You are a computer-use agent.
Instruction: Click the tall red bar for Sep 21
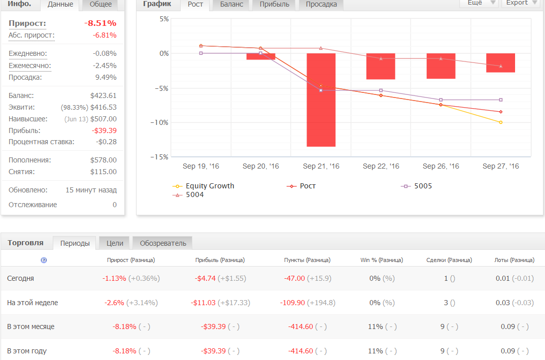coord(321,100)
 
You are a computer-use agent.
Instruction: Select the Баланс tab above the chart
coord(231,5)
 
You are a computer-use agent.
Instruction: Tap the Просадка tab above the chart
coord(321,5)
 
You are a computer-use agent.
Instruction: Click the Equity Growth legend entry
coord(203,186)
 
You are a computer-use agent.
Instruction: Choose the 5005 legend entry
coord(417,186)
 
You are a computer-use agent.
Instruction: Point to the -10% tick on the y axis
coord(159,122)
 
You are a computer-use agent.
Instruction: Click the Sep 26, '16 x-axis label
coord(441,166)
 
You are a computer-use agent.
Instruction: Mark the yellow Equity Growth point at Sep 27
coord(500,122)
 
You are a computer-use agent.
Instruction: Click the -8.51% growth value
coord(100,23)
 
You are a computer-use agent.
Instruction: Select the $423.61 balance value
coord(103,95)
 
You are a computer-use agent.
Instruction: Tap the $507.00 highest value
coord(103,119)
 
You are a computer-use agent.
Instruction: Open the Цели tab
coord(115,243)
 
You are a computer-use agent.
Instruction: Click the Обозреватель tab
coord(163,243)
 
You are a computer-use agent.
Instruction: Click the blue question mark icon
coord(44,260)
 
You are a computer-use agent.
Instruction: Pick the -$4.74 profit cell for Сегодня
coord(205,279)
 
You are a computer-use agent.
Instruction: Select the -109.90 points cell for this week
coord(292,303)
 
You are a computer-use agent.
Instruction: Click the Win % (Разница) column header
coord(382,260)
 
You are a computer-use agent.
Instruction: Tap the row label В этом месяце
coord(31,327)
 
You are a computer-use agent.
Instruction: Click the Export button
coord(520,3)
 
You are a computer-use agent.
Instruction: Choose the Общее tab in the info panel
coord(100,5)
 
